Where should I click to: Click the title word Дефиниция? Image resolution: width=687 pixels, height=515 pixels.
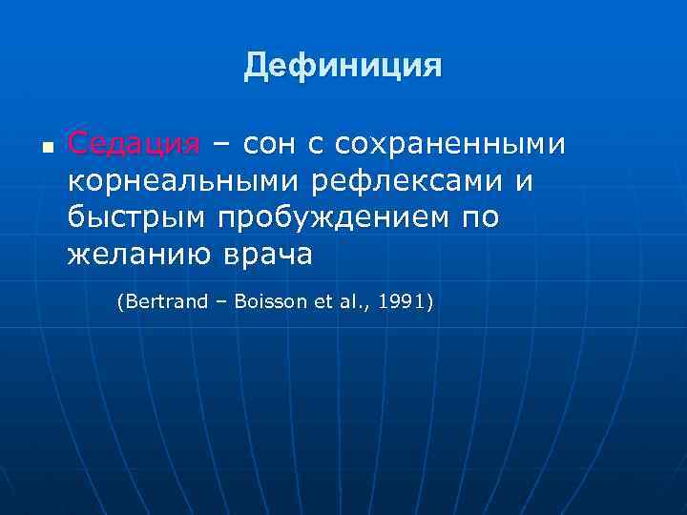pos(343,66)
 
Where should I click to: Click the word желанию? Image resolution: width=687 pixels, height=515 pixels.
pos(133,255)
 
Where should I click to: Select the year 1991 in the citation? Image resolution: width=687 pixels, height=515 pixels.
pos(403,302)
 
